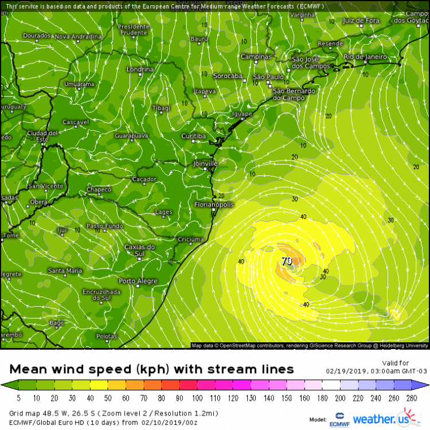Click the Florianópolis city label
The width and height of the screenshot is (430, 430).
coord(213,204)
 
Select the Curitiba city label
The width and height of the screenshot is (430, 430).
coord(193,136)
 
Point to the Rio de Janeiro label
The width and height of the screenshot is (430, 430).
coord(365,57)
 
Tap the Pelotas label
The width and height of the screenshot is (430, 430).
coord(107,336)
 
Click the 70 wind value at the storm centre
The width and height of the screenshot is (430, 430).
coord(287,261)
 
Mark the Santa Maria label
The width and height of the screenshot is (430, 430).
coord(65,270)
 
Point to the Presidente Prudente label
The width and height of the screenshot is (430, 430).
coord(133,30)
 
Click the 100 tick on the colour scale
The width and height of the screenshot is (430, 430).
coord(197,398)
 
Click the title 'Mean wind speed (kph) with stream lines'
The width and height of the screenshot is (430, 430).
coord(152,369)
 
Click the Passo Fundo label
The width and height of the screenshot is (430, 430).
coord(104,226)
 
